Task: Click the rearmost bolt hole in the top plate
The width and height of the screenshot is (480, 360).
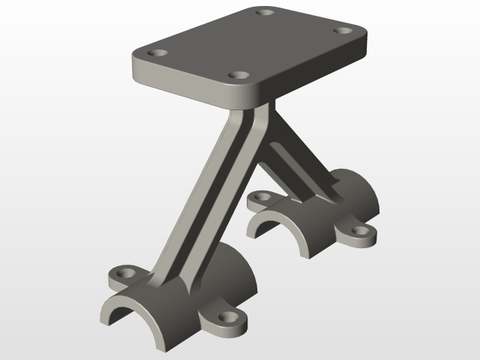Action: tap(262, 11)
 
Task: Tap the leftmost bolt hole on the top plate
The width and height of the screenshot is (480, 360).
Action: tap(157, 54)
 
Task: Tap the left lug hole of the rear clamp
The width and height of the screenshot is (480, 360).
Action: tap(260, 196)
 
